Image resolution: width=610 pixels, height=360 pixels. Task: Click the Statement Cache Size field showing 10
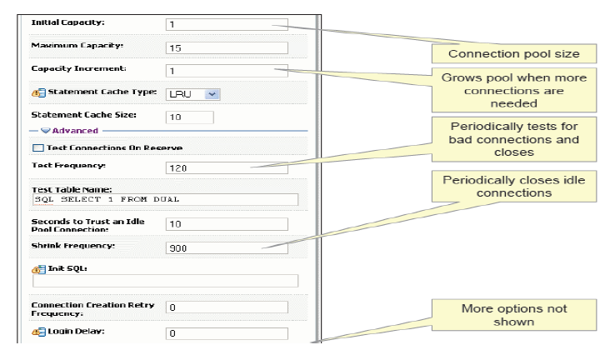pos(190,117)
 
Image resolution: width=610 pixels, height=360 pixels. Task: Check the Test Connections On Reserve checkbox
pos(38,147)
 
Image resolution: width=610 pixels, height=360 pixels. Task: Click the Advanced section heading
pos(75,131)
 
